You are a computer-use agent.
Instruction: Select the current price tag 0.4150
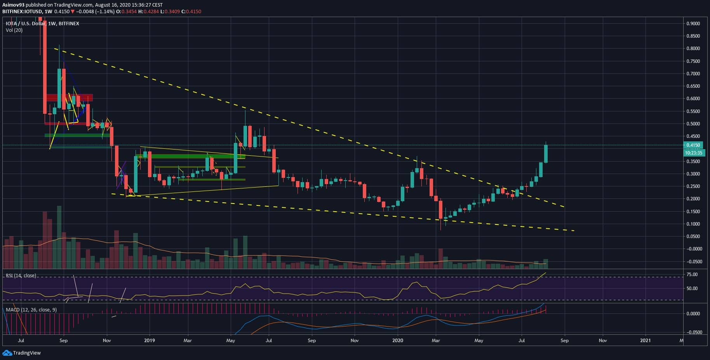(693, 145)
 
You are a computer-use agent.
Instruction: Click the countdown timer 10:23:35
(693, 153)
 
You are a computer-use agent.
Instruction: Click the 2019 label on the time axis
(150, 341)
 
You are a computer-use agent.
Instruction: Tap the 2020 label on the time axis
(398, 341)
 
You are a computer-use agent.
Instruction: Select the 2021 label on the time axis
(645, 341)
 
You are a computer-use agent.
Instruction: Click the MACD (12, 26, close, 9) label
(31, 310)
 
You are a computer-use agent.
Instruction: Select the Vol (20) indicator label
(14, 30)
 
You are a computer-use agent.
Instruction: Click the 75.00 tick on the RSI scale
(692, 275)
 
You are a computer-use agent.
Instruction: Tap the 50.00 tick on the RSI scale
(692, 289)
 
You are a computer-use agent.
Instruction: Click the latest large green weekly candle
(546, 154)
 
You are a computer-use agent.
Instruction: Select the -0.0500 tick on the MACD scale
(693, 332)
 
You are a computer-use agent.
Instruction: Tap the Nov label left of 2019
(107, 341)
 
